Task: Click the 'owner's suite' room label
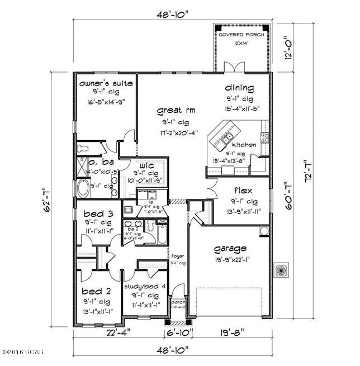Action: point(106,83)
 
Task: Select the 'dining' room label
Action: point(239,88)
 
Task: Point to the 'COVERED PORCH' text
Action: point(240,35)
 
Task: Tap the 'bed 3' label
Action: point(97,213)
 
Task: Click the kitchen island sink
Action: point(229,137)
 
